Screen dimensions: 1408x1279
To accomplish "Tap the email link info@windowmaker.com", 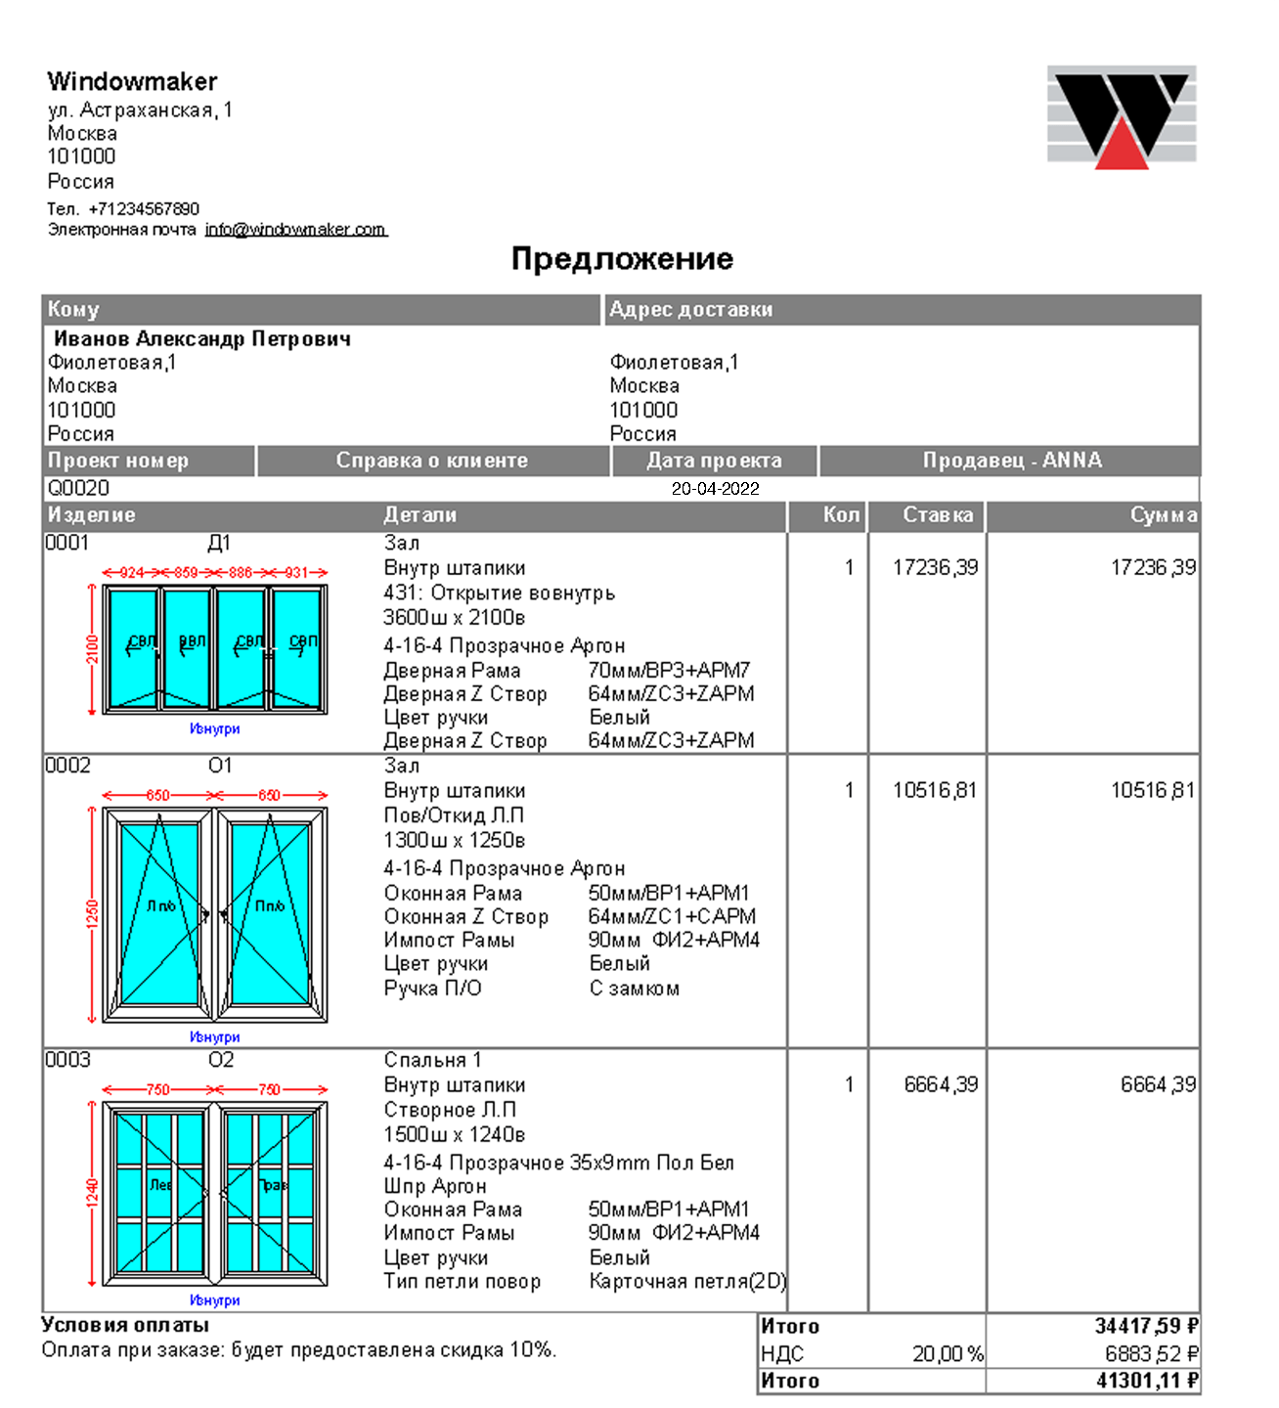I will (295, 230).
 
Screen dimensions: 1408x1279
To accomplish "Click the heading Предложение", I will (622, 259).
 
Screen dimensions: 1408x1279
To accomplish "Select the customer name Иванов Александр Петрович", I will (201, 339).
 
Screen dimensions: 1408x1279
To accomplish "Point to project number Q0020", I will (78, 488).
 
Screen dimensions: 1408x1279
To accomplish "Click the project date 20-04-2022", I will (715, 489).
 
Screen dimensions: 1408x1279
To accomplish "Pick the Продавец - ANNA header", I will (1011, 461).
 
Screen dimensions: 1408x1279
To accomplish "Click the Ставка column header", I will (937, 515).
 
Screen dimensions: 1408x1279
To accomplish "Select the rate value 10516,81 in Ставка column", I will (934, 790).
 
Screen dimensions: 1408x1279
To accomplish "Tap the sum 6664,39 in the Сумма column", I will (1158, 1084).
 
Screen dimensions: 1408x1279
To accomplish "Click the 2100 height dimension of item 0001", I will (92, 649).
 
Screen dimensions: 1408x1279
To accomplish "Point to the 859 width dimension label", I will (186, 572).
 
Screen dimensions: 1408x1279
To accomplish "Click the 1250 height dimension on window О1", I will (92, 914).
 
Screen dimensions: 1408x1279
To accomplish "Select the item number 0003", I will (67, 1060).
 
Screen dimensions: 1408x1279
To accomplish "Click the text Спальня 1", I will (432, 1060).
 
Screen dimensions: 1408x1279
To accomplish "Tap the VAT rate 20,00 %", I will (947, 1354).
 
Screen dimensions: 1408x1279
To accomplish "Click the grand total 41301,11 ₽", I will (1147, 1381).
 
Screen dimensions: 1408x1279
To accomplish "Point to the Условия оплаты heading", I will (125, 1325).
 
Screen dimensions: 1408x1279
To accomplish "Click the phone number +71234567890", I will (144, 209).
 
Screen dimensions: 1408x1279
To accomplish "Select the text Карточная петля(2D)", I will (686, 1281).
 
